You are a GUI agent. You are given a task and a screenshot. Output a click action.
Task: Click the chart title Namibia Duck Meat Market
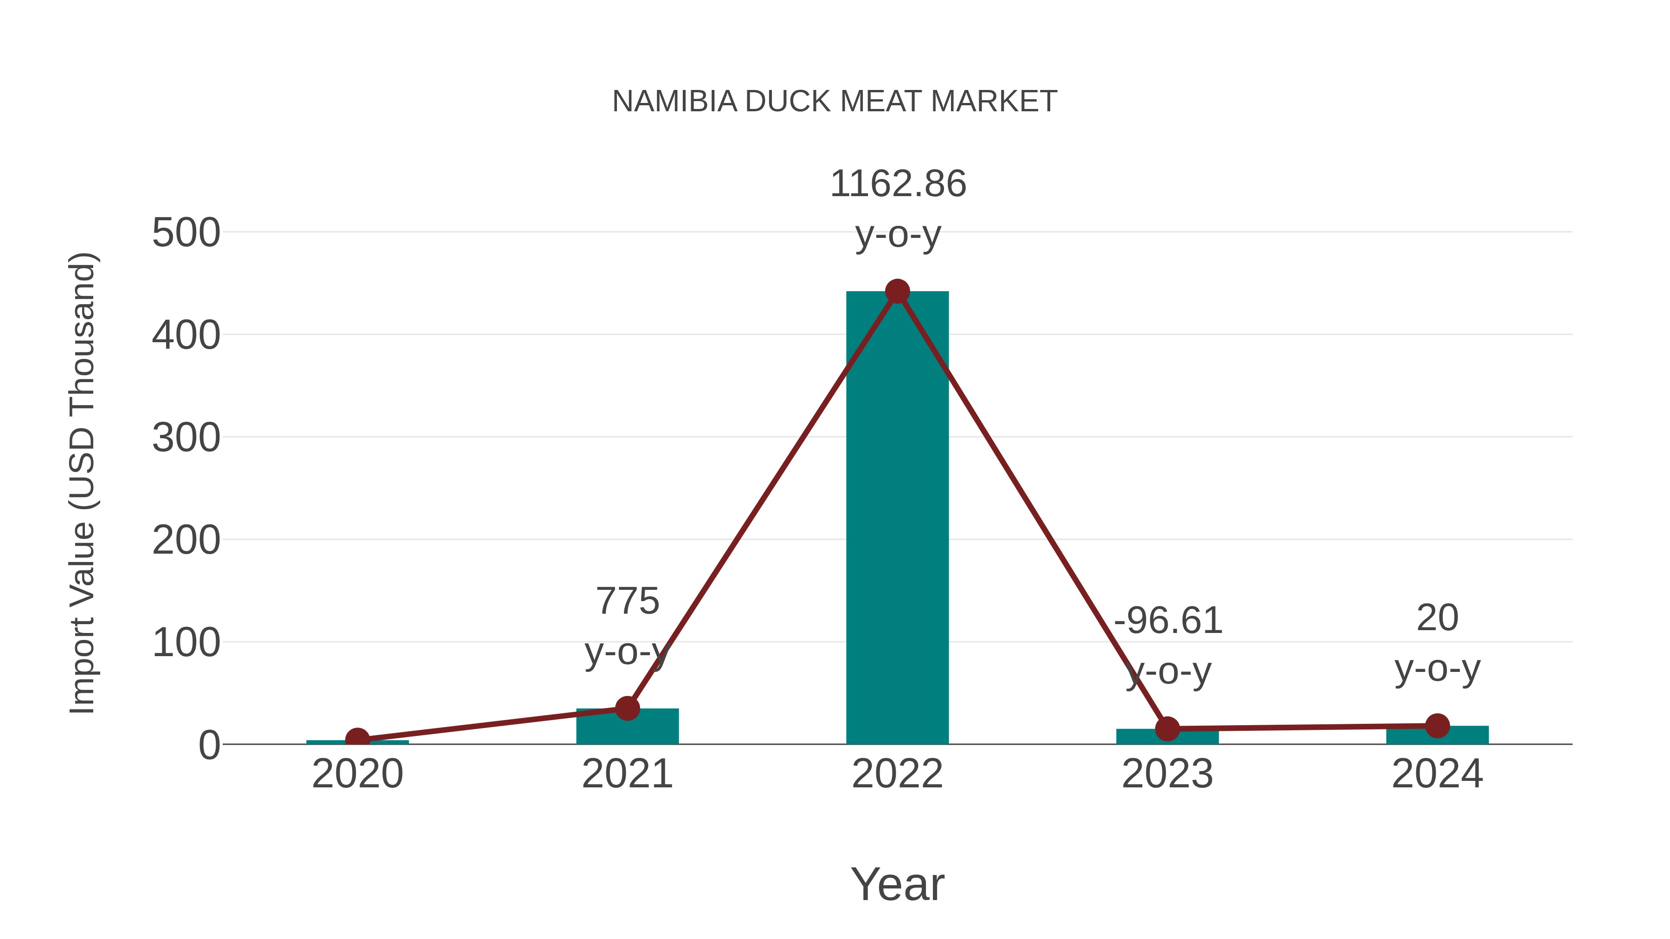(835, 102)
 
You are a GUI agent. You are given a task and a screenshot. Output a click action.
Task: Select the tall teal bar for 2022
(897, 518)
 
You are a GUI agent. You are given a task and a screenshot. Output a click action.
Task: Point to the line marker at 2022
(897, 292)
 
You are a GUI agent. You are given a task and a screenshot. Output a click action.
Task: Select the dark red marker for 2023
(1167, 729)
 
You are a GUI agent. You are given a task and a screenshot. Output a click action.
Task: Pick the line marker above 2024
(1437, 726)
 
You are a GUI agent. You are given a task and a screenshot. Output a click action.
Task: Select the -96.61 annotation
(1168, 621)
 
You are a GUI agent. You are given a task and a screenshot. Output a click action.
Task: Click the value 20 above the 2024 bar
(1437, 618)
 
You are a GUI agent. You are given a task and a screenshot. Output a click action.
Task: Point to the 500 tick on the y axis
(186, 233)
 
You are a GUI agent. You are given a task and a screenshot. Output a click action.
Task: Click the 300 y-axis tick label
(186, 438)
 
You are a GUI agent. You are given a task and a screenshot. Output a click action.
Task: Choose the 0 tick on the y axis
(209, 745)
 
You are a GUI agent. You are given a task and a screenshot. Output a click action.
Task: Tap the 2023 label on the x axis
(1167, 774)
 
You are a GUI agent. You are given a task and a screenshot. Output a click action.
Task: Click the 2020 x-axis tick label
(357, 774)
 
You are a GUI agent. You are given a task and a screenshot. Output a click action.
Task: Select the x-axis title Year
(897, 885)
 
